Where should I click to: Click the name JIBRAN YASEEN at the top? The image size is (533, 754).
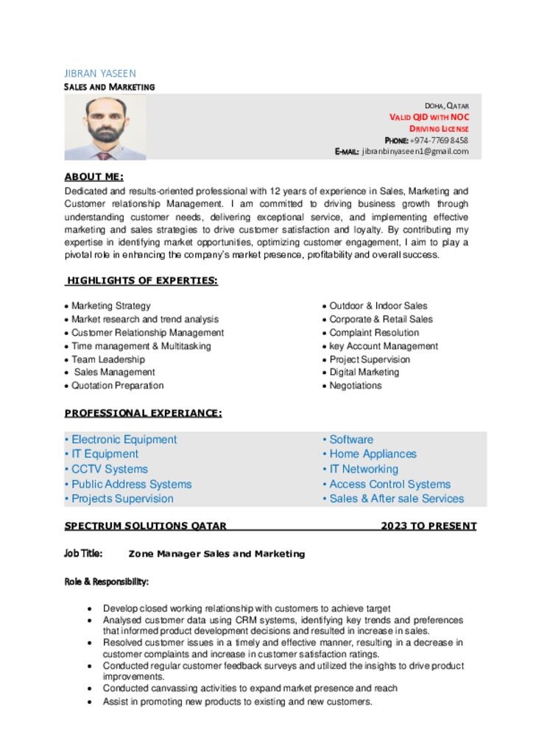coord(100,74)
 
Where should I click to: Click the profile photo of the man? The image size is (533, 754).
coord(105,128)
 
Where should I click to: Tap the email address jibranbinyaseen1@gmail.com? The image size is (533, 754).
coord(415,152)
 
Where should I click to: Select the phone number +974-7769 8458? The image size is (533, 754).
coord(439,140)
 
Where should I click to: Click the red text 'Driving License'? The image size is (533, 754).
coord(439,129)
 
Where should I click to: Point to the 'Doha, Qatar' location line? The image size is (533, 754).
coord(446,106)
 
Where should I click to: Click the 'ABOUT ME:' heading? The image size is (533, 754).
coord(93,177)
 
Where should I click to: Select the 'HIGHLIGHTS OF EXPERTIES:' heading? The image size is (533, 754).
coord(142,281)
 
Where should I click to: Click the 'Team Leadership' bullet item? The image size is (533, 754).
coord(107,359)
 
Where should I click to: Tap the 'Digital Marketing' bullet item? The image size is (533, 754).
coord(364,373)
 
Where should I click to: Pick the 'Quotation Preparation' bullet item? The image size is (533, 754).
coord(117,386)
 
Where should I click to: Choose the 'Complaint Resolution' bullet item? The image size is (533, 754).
coord(374,333)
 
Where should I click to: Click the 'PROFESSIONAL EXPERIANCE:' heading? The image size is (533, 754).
coord(143,413)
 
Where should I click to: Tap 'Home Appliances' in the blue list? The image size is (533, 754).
coord(373,454)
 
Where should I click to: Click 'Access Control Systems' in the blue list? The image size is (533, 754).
coord(389,485)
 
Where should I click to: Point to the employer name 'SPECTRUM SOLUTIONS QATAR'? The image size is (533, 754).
coord(145,526)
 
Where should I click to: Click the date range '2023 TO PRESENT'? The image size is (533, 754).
coord(428,526)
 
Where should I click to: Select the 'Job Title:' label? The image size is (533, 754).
coord(83,554)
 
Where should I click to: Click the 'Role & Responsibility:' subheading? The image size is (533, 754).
coord(107,582)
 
